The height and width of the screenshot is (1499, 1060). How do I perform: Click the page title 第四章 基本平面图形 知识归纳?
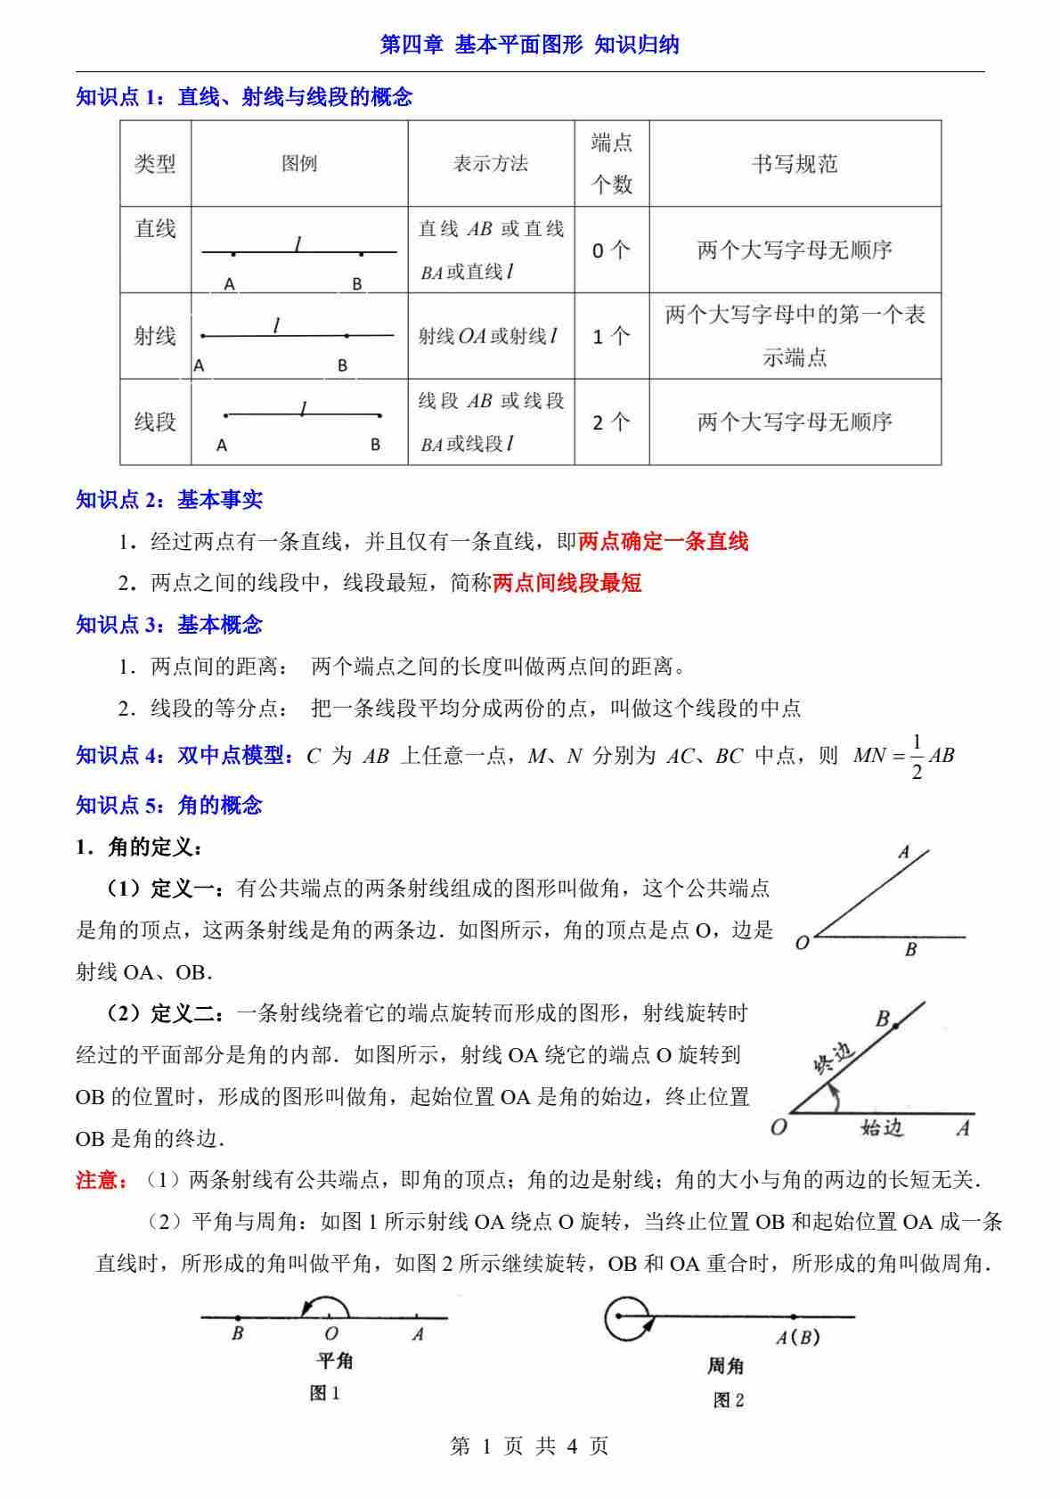(529, 45)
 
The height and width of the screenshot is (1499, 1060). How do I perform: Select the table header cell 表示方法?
(490, 164)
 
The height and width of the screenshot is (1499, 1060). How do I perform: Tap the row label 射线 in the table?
(155, 336)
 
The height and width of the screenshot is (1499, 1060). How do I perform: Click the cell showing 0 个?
(611, 250)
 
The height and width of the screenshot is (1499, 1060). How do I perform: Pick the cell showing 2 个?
(611, 422)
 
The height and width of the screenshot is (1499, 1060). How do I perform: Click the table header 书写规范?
(795, 164)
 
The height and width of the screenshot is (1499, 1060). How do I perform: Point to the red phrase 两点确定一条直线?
(664, 541)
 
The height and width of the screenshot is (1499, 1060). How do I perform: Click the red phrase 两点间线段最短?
(567, 583)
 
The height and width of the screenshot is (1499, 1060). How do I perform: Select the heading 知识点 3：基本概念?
(169, 625)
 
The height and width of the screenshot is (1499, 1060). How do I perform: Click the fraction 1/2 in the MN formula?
(917, 756)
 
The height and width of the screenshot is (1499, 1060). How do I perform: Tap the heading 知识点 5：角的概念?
(169, 806)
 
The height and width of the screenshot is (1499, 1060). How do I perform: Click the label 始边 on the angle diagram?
(882, 1128)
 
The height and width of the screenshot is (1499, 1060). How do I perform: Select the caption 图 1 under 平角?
(325, 1394)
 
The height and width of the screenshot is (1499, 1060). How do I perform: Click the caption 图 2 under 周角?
(728, 1400)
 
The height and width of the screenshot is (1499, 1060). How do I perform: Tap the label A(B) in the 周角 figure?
(797, 1338)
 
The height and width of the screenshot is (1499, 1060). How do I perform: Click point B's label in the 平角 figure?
(238, 1334)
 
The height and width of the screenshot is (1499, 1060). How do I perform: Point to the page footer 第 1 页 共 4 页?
(529, 1446)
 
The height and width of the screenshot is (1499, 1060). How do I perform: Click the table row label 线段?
(155, 422)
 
